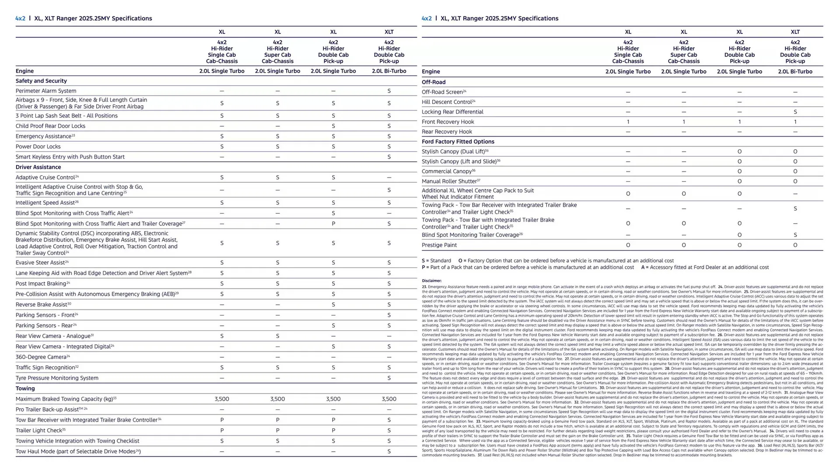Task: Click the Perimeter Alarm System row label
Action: tap(46, 91)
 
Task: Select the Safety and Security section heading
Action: tap(41, 81)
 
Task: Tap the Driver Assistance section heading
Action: tap(38, 167)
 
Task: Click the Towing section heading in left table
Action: tap(25, 389)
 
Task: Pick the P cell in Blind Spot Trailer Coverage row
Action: tap(333, 224)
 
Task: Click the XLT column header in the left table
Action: tap(389, 32)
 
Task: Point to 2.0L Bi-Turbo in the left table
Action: tap(389, 71)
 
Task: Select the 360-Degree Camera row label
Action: tap(42, 357)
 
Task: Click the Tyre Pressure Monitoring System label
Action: tap(57, 378)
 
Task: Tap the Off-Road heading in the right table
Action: tap(433, 82)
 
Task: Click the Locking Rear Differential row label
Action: tap(452, 112)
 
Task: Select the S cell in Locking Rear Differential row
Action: tap(795, 112)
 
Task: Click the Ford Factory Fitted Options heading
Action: tap(458, 142)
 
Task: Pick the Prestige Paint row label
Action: tap(439, 245)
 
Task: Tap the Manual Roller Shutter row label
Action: tap(450, 181)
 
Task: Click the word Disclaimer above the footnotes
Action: tap(431, 281)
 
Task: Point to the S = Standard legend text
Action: tap(436, 260)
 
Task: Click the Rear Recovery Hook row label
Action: tap(447, 132)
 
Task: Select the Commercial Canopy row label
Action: tap(447, 171)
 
